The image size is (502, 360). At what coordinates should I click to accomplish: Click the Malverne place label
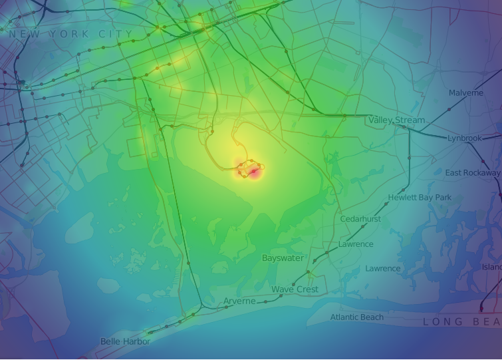coord(466,93)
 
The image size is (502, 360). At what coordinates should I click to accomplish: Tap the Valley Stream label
coord(396,120)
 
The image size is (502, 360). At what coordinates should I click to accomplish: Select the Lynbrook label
coord(464,138)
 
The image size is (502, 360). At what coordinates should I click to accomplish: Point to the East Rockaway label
coord(472,173)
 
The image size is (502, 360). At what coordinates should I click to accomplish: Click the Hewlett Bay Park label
coord(420,198)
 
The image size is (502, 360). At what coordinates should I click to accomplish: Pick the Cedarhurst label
coord(360,219)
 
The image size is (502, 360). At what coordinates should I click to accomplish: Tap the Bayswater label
coord(283,258)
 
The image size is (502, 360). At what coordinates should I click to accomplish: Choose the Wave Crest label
coord(295,290)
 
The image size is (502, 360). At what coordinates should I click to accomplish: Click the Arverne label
coord(239,301)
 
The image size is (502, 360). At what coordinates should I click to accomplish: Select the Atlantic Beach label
coord(357,317)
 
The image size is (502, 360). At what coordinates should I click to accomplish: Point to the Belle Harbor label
coord(125,341)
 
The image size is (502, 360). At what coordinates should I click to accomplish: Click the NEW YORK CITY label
coord(71,34)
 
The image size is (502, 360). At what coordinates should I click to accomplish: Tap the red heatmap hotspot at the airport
coord(254,172)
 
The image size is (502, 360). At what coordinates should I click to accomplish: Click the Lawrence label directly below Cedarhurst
coord(356,244)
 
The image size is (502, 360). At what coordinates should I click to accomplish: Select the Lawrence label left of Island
coord(383,269)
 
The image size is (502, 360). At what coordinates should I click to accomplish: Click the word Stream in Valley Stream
coord(410,120)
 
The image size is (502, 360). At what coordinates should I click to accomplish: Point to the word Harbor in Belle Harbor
coord(138,341)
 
